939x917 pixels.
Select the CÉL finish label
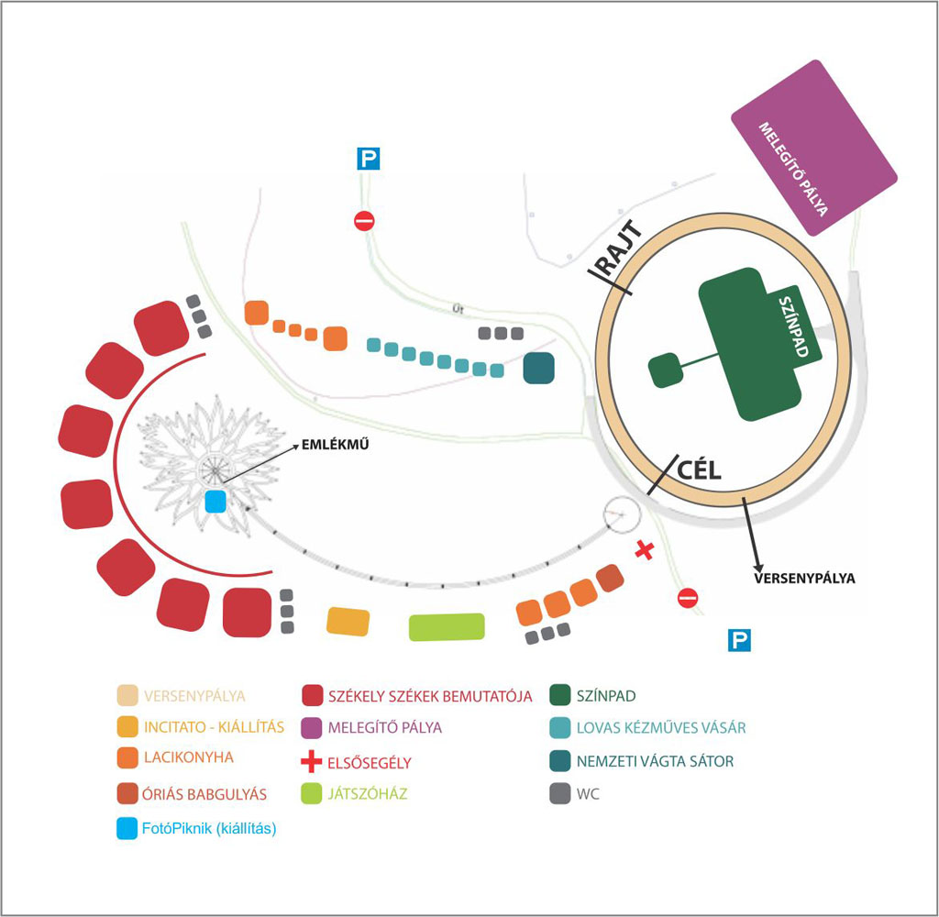coord(700,470)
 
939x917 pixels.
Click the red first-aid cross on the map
coord(645,550)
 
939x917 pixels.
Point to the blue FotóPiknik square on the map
coord(215,502)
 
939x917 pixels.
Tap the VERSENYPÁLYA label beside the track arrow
coord(803,579)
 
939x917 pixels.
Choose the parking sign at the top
coord(368,160)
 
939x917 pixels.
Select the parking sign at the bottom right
coord(739,640)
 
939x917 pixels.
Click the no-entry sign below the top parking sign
coord(365,221)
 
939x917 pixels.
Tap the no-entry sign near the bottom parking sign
coord(688,599)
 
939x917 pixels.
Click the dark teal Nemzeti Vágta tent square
coord(539,369)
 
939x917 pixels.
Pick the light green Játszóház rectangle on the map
coord(446,626)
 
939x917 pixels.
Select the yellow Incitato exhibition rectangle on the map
coord(348,621)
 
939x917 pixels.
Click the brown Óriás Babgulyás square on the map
coord(609,579)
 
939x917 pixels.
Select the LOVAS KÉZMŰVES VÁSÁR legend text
coord(661,728)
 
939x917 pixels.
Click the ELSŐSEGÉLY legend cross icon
coord(314,761)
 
